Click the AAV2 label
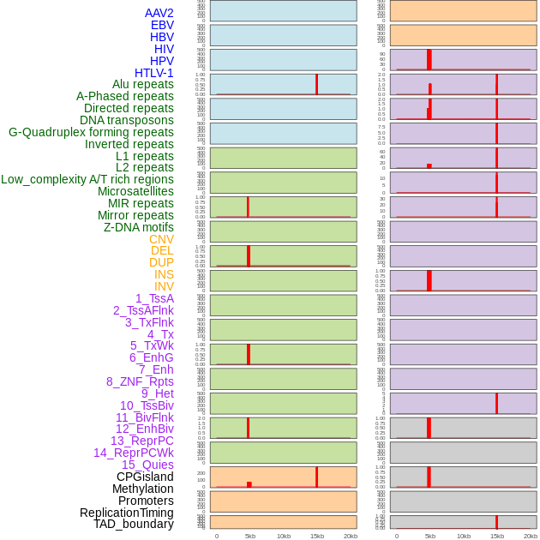159,13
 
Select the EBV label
162,25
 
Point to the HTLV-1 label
153,73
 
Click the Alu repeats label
142,84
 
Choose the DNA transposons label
127,120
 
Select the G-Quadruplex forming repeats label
91,132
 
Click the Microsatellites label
135,191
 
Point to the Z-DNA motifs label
139,227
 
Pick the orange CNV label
161,239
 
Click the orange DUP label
161,262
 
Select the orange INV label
164,286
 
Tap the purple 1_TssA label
154,298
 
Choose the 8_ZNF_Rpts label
140,381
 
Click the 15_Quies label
147,465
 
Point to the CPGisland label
145,477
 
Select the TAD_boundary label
134,524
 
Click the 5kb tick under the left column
250,536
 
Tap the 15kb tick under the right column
496,536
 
